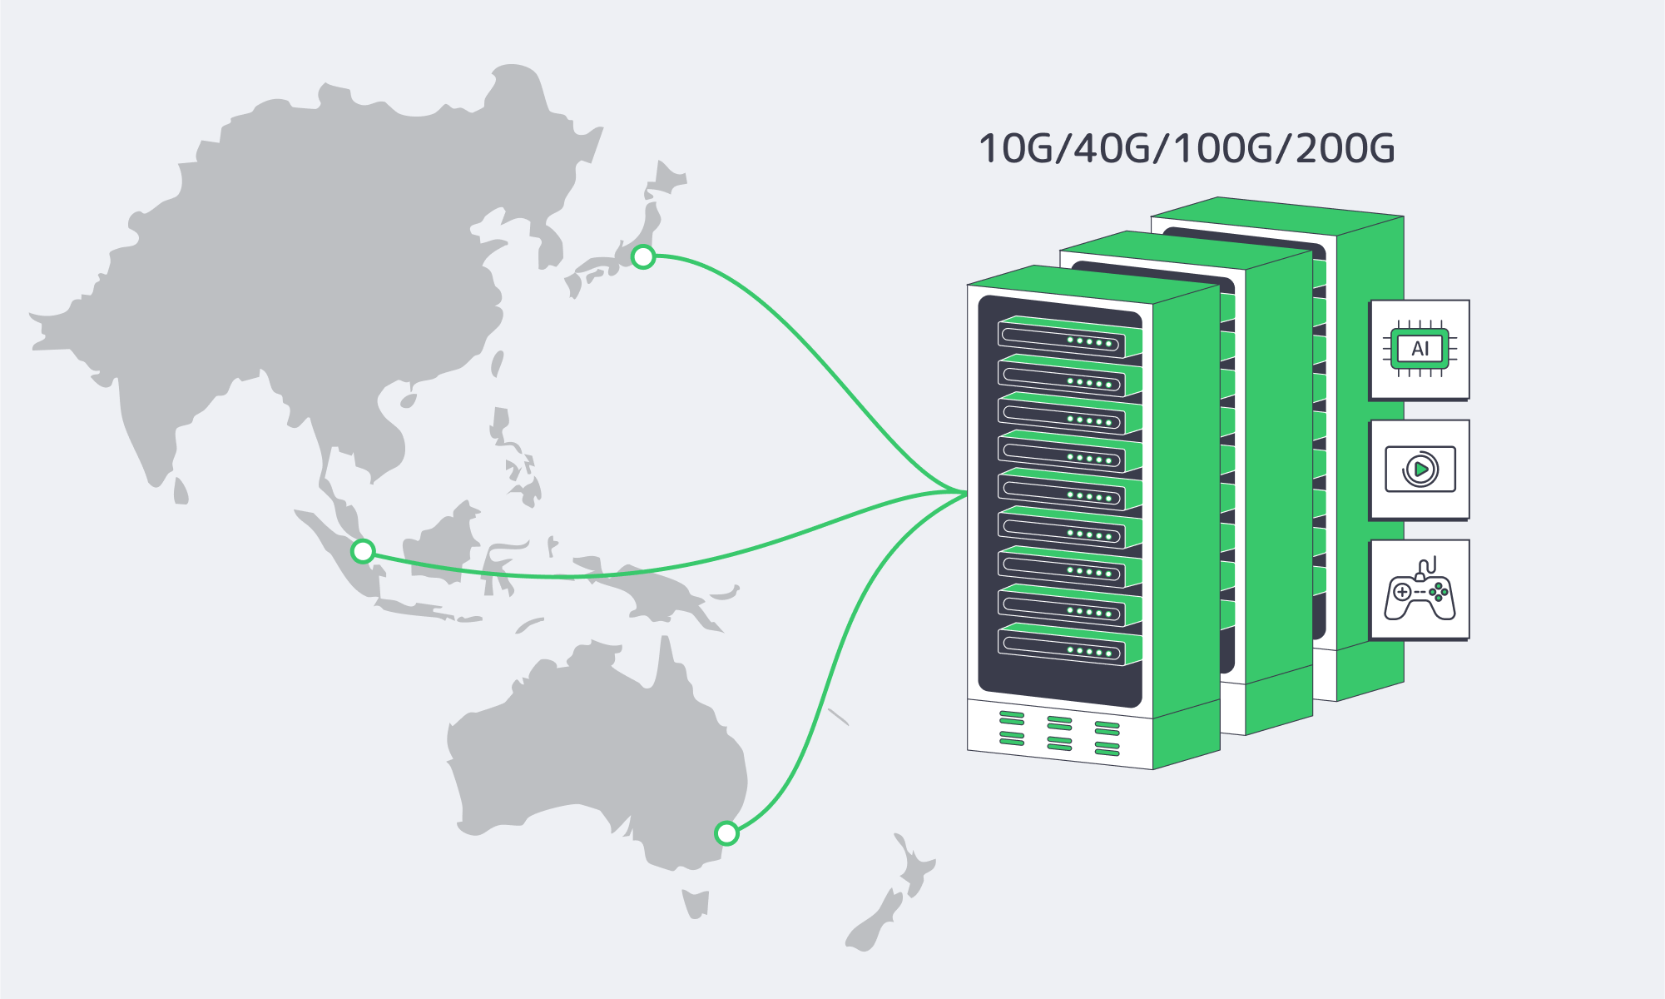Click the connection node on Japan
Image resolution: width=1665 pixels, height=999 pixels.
643,257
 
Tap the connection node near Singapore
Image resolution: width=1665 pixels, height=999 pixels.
363,551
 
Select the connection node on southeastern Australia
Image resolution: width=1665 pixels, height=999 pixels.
726,832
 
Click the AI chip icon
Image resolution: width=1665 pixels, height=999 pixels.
1420,349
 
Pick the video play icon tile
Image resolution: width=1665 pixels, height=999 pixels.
1420,470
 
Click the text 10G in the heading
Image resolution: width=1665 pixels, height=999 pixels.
1015,149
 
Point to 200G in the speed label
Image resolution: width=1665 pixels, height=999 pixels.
1345,149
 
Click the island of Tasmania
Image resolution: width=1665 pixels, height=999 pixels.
696,902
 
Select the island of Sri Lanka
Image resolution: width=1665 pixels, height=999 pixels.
181,492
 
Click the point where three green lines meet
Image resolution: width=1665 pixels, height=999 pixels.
965,493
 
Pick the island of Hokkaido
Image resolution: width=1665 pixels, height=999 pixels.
665,179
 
